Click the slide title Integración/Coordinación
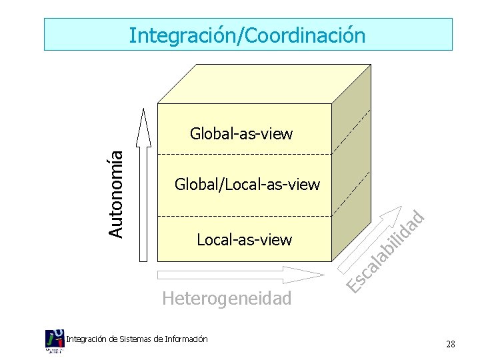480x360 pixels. tap(247, 35)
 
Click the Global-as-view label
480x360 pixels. tap(241, 134)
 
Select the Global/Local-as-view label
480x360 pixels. tap(247, 184)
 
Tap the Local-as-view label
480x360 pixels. tap(244, 239)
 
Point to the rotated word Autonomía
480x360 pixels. tap(116, 192)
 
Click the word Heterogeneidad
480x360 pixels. tap(227, 298)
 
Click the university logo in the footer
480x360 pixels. tap(55, 341)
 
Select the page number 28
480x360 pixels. tap(451, 345)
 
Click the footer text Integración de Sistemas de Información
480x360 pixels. tap(137, 339)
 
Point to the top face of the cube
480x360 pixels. tap(263, 83)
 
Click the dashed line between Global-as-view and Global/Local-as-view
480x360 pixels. tap(244, 155)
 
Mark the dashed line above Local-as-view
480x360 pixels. tap(244, 217)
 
